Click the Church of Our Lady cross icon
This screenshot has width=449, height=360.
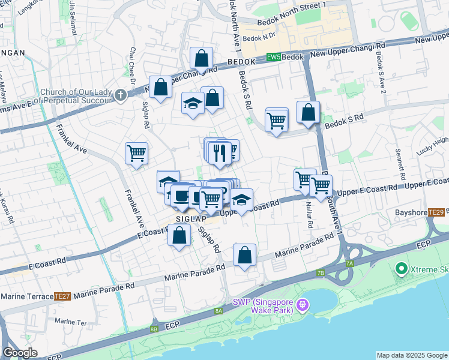(121, 95)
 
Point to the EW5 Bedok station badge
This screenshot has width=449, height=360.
(273, 57)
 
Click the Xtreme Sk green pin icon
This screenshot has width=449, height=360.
(401, 269)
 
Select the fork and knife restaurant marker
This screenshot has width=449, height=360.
(220, 152)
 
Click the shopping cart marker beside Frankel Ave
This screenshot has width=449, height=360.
(136, 152)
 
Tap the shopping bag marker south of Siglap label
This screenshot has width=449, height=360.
(179, 235)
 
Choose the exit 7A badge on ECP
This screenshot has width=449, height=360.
(349, 263)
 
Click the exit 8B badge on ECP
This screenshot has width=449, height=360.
(154, 329)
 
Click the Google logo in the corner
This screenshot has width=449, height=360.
(20, 353)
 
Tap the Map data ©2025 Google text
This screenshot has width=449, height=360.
(412, 355)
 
